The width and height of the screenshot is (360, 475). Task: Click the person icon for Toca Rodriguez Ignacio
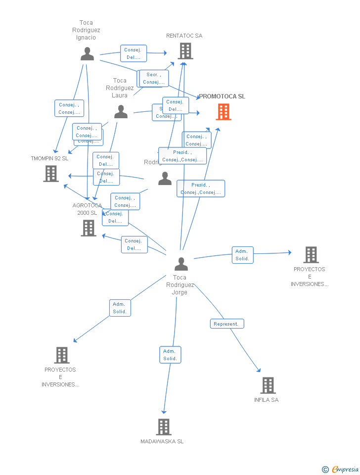[x=87, y=54]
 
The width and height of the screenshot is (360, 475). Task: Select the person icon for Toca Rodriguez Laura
[x=121, y=112]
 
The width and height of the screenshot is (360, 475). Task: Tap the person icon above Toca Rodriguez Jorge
[x=181, y=264]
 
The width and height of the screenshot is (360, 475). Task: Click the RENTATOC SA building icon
[x=185, y=51]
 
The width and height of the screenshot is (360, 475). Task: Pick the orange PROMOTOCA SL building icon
[x=224, y=112]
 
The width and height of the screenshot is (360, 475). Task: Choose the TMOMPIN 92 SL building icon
[x=50, y=174]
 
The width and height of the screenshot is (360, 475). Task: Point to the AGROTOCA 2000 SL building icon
[x=89, y=228]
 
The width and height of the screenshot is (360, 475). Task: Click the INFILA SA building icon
[x=268, y=385]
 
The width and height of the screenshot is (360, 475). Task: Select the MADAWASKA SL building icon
[x=164, y=427]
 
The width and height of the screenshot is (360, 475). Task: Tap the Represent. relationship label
[x=227, y=324]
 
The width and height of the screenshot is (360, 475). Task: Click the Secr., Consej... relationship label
[x=154, y=78]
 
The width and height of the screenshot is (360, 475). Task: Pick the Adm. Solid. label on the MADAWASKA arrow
[x=170, y=355]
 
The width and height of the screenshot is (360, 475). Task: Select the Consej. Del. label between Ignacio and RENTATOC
[x=134, y=53]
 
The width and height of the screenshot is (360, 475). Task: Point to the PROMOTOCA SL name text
[x=222, y=96]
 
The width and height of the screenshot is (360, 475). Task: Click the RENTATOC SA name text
[x=184, y=36]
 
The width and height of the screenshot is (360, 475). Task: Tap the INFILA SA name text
[x=266, y=400]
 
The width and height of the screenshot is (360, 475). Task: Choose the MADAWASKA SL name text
[x=162, y=441]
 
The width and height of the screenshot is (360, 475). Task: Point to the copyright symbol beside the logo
[x=325, y=470]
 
